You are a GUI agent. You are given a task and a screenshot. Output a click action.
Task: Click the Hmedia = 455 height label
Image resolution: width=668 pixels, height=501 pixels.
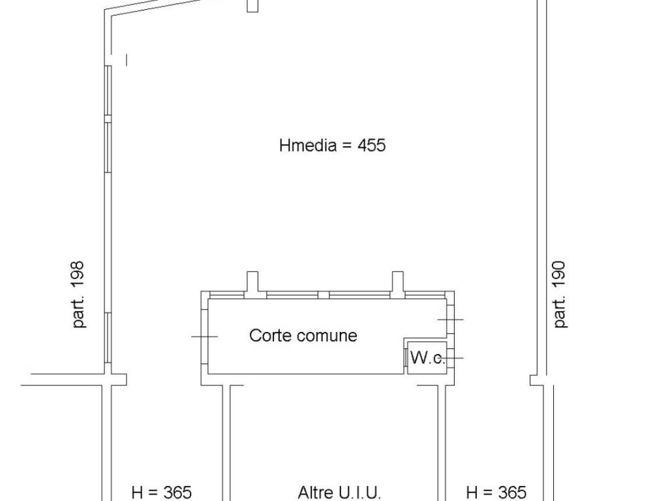(332, 145)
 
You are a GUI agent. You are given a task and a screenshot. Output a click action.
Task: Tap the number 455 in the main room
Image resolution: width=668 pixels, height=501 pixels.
(371, 145)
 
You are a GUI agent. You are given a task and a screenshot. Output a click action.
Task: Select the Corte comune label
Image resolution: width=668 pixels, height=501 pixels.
(303, 335)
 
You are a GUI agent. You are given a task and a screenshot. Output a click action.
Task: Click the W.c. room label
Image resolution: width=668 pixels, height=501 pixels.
(427, 357)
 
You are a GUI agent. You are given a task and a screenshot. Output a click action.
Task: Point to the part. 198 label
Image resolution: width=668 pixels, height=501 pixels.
(79, 294)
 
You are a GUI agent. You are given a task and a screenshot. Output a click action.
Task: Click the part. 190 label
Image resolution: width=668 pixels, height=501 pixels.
(559, 294)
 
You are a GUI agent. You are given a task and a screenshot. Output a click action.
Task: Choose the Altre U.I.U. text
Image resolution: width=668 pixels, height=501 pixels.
(339, 493)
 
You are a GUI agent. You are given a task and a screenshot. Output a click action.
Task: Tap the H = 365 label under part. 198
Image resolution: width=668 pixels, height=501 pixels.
(162, 493)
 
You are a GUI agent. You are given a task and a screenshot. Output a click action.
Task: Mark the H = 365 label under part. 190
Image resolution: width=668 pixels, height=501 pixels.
(496, 493)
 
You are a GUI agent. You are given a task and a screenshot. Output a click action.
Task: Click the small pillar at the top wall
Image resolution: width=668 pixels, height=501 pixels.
(252, 5)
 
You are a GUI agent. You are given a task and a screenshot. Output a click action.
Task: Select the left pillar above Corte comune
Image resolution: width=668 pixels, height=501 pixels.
(252, 284)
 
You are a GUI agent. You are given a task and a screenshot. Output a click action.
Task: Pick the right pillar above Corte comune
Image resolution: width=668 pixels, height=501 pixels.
(397, 284)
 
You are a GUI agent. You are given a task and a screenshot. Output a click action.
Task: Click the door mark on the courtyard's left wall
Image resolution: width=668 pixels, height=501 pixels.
(204, 337)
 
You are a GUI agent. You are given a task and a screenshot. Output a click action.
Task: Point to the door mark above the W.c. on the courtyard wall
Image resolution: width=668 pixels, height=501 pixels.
(451, 319)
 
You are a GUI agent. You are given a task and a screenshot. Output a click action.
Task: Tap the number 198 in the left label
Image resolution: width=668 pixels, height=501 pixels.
(79, 275)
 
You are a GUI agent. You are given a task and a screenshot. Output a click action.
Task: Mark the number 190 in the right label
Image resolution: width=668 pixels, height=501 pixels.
(559, 275)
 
